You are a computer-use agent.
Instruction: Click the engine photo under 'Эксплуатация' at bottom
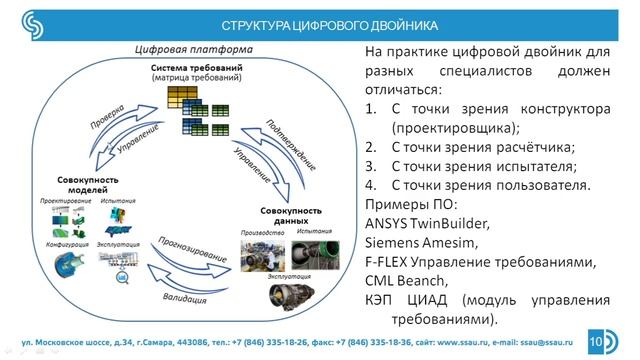coord(289,291)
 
